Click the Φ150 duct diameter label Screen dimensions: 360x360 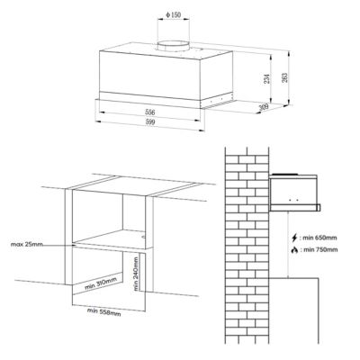pos(174,14)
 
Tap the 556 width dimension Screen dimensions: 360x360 pos(149,112)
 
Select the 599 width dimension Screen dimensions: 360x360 pos(149,122)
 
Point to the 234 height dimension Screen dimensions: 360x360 pos(266,78)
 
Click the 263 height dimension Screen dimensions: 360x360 pos(284,77)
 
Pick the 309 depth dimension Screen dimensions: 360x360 pos(264,106)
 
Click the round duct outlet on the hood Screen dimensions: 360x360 pos(174,46)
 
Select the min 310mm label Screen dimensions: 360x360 pos(101,283)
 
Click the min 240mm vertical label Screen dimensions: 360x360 pos(136,274)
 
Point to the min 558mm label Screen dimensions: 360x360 pos(104,312)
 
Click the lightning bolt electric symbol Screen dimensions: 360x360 pos(295,238)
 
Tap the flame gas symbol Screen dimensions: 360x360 pos(295,249)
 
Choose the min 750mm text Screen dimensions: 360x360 pos(319,249)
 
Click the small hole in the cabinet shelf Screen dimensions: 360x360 pos(143,238)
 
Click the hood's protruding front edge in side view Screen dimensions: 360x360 pos(319,207)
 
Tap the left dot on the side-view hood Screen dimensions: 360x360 pos(290,200)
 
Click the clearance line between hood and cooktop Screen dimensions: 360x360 pos(288,244)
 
